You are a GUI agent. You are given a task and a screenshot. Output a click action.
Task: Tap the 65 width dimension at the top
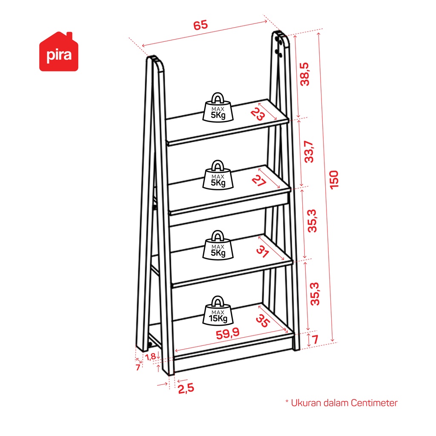coord(201,25)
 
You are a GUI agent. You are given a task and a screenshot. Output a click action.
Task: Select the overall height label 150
coord(334,180)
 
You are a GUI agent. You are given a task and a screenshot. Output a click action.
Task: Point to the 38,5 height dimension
coord(305,74)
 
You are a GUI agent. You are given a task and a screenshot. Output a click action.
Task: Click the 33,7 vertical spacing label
coord(309,152)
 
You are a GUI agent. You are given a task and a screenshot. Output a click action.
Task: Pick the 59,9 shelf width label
coord(227,333)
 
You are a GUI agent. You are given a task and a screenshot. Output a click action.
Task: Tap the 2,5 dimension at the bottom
coord(186,388)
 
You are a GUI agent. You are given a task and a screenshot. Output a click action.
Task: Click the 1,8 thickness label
coord(150,356)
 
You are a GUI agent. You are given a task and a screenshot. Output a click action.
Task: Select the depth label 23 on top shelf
coord(258,114)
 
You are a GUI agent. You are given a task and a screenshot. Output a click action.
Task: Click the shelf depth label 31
coord(262,251)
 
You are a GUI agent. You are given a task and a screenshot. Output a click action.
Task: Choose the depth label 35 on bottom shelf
coord(263,321)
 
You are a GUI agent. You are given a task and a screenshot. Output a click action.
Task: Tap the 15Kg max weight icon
coord(218,310)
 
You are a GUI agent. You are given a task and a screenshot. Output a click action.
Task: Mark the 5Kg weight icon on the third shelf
coord(218,245)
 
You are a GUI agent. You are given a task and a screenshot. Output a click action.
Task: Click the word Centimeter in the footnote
coord(374,403)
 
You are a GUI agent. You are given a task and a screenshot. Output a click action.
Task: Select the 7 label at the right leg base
coord(315,339)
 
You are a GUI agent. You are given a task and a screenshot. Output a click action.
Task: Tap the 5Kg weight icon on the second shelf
coord(218,175)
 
